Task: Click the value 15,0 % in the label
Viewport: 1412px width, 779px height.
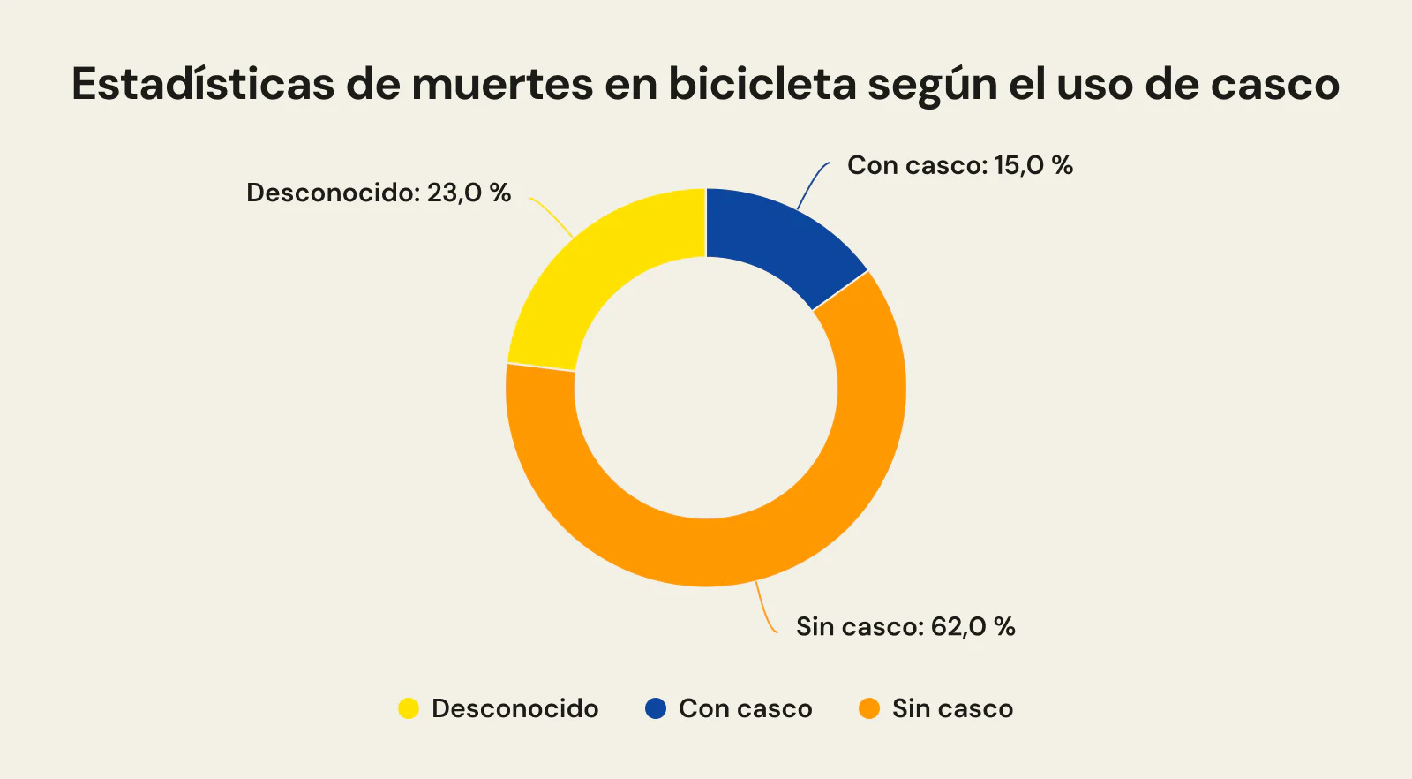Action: [x=1033, y=165]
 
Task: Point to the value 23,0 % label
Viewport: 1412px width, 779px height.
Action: [x=469, y=193]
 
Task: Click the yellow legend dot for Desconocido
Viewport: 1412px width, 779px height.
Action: [x=408, y=708]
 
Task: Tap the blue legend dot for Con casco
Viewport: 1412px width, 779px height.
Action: [x=656, y=708]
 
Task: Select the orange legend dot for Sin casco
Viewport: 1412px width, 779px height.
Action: [x=869, y=708]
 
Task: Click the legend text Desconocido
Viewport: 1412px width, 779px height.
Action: [x=514, y=708]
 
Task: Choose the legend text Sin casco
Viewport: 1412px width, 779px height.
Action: [x=952, y=708]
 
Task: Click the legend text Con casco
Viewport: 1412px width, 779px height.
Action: [x=745, y=708]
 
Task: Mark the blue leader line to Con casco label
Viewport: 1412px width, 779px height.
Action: [x=812, y=181]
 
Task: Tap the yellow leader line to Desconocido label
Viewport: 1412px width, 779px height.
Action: [x=552, y=216]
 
